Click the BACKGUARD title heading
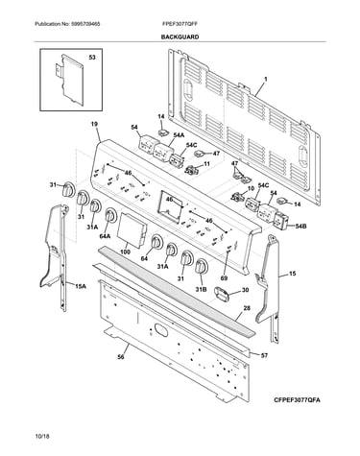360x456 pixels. point(180,37)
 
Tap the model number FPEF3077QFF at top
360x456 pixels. point(180,24)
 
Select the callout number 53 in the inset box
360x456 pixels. point(92,58)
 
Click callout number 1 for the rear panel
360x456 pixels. point(265,79)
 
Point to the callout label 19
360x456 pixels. point(94,124)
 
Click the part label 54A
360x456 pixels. point(179,135)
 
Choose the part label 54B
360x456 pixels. point(300,227)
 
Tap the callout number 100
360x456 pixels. point(125,252)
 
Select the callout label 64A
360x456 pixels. point(106,236)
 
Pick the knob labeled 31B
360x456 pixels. point(202,267)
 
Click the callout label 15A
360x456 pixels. point(81,286)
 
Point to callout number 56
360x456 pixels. point(120,357)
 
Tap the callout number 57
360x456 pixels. point(264,355)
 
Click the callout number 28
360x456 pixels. point(247,308)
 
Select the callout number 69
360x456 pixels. point(224,278)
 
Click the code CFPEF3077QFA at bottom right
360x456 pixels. point(297,400)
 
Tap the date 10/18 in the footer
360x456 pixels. point(42,436)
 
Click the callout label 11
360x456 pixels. point(207,164)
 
